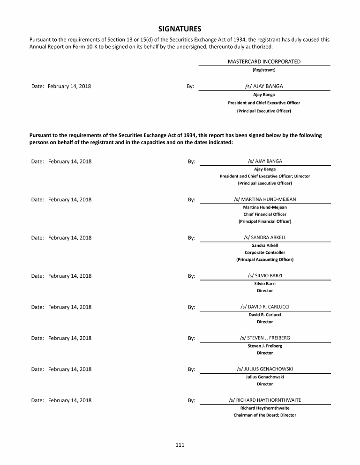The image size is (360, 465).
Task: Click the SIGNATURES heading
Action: (180, 29)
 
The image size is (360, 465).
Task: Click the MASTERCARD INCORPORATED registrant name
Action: (264, 61)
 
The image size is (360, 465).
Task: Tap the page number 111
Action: (180, 445)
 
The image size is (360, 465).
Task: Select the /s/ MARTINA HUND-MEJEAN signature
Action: (265, 199)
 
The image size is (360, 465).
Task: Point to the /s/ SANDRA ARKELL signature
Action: (265, 237)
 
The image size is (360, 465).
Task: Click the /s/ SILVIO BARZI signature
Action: (265, 275)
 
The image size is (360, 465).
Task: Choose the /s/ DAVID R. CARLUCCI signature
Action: (265, 307)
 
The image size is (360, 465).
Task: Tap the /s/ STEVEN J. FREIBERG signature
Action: (265, 338)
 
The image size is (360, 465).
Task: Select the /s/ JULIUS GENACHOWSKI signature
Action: (265, 369)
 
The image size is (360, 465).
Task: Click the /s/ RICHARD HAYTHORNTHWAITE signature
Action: (265, 400)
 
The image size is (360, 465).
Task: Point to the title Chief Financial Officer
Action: (265, 214)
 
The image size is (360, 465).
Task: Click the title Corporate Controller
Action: (265, 252)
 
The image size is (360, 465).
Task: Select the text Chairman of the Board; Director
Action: (265, 415)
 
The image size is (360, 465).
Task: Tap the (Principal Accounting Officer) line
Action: (265, 259)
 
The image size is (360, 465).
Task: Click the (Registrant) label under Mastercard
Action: (264, 70)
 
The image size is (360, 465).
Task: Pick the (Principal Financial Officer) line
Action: (265, 221)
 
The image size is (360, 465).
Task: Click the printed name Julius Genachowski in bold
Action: (265, 376)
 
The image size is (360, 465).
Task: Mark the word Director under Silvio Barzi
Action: (265, 291)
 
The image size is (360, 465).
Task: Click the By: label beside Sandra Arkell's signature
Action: (191, 238)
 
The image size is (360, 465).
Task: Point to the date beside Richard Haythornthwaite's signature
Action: (69, 400)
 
